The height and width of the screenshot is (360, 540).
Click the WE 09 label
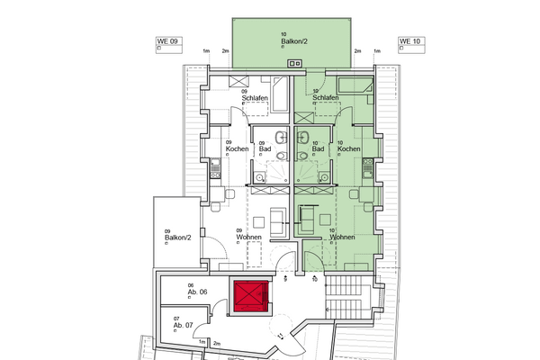click(157, 41)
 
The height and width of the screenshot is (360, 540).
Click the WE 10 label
click(409, 41)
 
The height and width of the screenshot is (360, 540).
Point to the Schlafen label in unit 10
click(325, 96)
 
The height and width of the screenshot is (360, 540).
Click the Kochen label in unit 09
click(224, 148)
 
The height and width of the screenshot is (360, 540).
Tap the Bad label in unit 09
click(265, 148)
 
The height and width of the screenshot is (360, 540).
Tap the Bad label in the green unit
click(317, 148)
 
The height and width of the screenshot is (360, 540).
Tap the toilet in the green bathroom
click(301, 156)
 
